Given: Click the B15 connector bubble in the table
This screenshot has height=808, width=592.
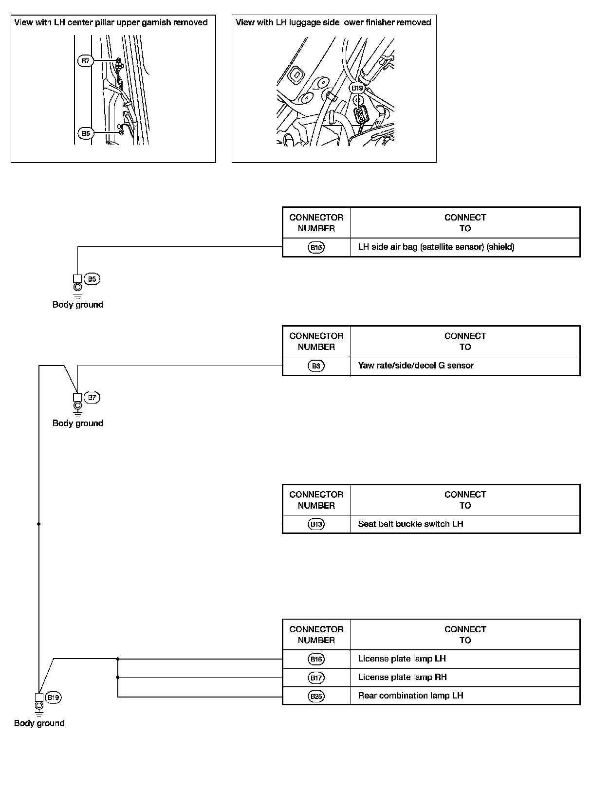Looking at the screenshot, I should click(x=316, y=247).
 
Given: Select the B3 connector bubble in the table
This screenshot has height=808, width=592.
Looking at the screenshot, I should click(x=316, y=366).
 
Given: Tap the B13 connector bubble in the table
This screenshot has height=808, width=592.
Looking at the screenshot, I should click(x=316, y=524).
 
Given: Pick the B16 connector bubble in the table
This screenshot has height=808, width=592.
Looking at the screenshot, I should click(x=316, y=659).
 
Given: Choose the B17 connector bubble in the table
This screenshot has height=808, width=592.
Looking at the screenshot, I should click(x=316, y=678).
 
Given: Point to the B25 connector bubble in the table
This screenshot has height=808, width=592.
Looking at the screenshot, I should click(x=316, y=696).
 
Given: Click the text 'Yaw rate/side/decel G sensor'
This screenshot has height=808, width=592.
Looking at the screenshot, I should click(x=416, y=366).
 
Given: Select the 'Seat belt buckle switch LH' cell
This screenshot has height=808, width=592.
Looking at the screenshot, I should click(x=410, y=524).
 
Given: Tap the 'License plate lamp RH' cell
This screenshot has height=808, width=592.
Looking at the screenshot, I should click(x=402, y=677).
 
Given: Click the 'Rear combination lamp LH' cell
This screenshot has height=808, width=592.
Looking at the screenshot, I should click(x=410, y=696).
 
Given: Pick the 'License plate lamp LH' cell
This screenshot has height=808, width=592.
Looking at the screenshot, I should click(x=402, y=659).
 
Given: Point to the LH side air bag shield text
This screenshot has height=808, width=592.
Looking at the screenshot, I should click(x=436, y=247).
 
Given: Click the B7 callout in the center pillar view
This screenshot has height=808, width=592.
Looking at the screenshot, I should click(x=85, y=61).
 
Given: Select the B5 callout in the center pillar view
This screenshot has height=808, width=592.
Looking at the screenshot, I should click(x=85, y=133).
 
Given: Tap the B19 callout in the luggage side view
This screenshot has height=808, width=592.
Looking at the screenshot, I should click(x=357, y=88).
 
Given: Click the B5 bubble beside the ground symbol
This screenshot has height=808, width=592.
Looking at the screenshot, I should click(x=92, y=279).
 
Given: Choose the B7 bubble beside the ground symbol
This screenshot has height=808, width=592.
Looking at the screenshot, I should click(x=92, y=398).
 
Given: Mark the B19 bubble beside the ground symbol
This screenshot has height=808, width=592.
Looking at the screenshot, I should click(x=53, y=698).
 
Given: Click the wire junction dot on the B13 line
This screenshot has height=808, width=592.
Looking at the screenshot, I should click(x=39, y=524).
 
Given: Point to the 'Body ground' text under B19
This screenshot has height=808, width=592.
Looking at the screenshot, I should click(x=39, y=723).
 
